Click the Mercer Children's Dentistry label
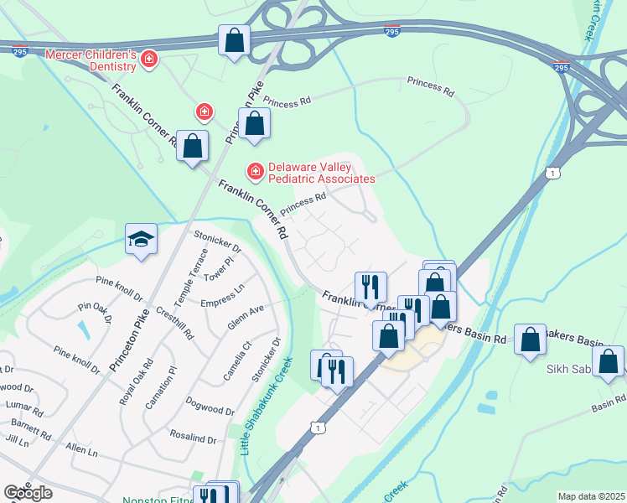91,60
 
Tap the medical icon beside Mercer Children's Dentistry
149,59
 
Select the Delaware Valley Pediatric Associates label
321,172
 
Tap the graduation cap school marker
142,239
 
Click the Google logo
28,493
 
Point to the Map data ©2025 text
591,496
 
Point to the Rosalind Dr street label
194,436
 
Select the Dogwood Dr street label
210,406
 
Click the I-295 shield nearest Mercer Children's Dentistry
19,51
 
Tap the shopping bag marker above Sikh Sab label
530,340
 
